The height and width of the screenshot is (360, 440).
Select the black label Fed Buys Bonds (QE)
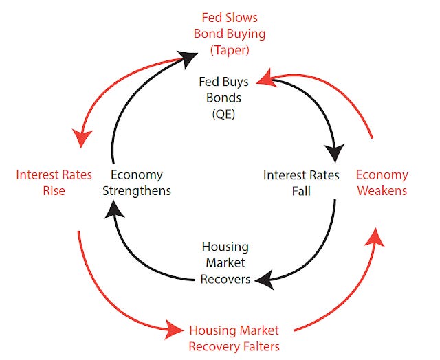click(x=225, y=98)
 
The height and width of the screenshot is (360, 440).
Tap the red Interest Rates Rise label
click(x=44, y=182)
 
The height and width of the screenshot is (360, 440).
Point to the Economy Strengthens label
click(x=136, y=182)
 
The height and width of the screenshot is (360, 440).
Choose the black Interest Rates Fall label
click(x=301, y=182)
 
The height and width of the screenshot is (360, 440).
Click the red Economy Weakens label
click(x=381, y=182)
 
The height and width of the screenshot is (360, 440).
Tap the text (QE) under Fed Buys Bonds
click(x=225, y=114)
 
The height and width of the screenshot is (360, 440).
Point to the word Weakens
click(x=381, y=190)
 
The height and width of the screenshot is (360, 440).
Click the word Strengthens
click(x=136, y=190)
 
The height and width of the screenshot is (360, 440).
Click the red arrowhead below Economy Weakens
click(x=375, y=237)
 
